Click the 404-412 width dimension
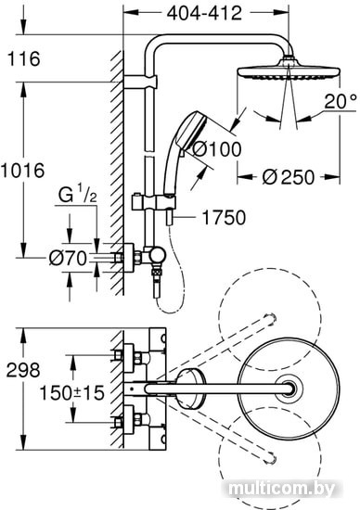[x=204, y=13]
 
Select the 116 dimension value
[x=24, y=58]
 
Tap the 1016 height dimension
[x=22, y=171]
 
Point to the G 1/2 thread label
[x=77, y=196]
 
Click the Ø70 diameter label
[x=68, y=259]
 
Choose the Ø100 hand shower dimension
[x=217, y=149]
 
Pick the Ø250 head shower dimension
[x=289, y=177]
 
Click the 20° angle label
[x=340, y=102]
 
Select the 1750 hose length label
[x=224, y=218]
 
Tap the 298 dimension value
[x=23, y=370]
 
